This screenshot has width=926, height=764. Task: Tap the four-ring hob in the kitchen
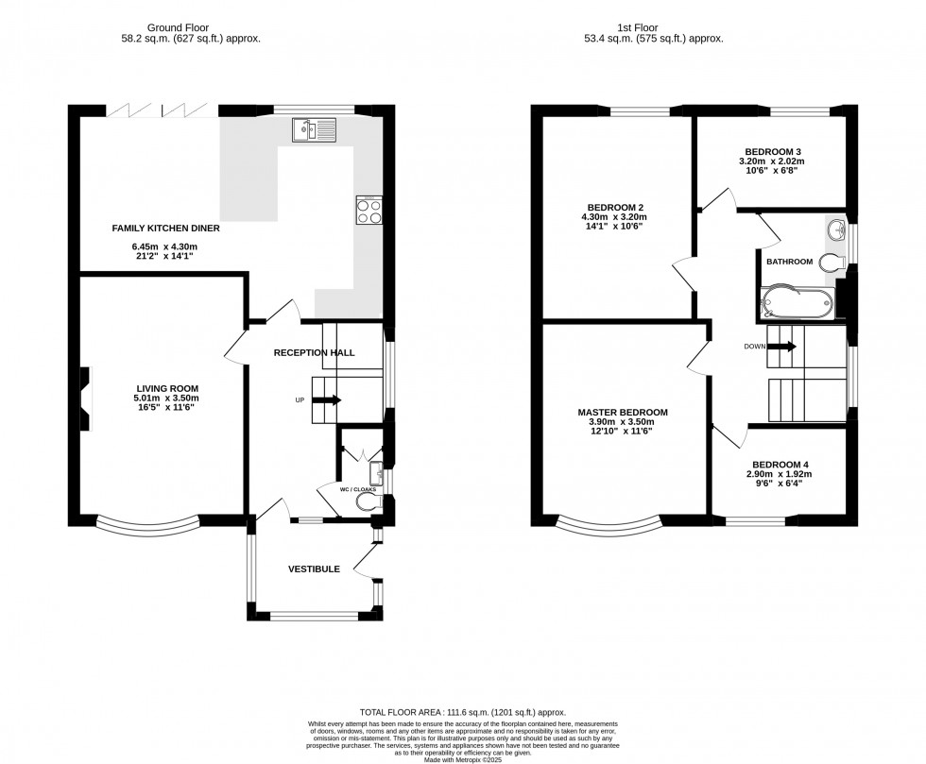click(368, 211)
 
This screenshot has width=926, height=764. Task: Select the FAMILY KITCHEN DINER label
click(156, 229)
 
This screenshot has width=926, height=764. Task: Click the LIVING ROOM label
click(166, 388)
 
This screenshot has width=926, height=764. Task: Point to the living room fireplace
click(86, 399)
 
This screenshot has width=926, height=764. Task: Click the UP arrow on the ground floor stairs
click(325, 400)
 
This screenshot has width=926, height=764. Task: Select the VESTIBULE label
click(314, 569)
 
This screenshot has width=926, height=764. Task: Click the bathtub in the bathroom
click(797, 303)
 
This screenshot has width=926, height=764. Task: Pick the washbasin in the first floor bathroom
click(836, 229)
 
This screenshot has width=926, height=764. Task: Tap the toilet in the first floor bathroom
click(832, 262)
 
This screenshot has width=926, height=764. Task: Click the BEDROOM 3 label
click(773, 151)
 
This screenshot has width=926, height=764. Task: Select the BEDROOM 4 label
click(780, 465)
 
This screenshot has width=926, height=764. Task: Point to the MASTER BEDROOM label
click(623, 413)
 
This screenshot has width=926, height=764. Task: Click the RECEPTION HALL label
click(314, 352)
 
